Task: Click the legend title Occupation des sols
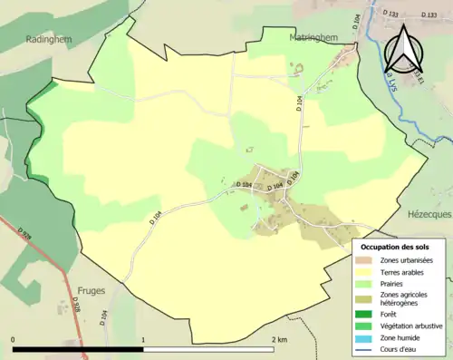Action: [x=395, y=247]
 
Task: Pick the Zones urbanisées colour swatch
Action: [x=367, y=259]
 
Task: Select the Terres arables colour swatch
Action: [x=367, y=271]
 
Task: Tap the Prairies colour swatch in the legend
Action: [x=367, y=283]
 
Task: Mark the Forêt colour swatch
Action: [x=367, y=314]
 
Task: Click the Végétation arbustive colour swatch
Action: [x=367, y=326]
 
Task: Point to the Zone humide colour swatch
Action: [x=367, y=337]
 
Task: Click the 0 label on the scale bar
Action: [x=14, y=339]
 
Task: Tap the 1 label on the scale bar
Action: [x=143, y=339]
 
